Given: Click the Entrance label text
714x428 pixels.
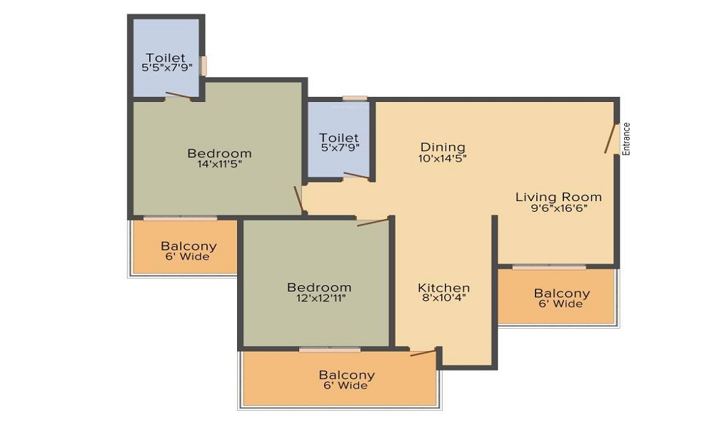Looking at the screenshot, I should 627,139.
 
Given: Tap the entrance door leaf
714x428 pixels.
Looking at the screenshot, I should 611,140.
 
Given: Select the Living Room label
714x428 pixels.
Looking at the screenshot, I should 558,197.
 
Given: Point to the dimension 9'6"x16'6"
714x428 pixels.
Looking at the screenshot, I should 558,209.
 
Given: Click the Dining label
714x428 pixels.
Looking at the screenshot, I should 443,148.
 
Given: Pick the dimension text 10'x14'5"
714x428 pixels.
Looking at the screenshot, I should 443,159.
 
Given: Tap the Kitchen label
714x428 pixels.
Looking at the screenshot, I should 443,288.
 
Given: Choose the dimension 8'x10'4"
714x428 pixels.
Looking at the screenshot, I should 443,300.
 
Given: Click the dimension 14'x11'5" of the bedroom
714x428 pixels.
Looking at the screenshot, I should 219,164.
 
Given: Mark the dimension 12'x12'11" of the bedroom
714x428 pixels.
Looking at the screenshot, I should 319,298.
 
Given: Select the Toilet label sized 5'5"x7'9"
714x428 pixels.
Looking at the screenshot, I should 166,58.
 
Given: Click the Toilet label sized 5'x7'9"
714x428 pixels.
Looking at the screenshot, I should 338,138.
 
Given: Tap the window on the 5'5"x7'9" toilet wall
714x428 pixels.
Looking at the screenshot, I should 203,66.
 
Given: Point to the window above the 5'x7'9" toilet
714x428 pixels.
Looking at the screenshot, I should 354,98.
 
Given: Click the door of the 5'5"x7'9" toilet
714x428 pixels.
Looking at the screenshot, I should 178,96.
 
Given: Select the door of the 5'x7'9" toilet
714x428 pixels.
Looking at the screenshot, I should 356,175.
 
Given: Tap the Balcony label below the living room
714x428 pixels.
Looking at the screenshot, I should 562,293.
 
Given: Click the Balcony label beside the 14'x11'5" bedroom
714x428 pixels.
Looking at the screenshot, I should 188,246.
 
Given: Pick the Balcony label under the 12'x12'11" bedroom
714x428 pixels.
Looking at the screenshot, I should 346,375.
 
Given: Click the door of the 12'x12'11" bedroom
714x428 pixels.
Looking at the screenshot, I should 373,223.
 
